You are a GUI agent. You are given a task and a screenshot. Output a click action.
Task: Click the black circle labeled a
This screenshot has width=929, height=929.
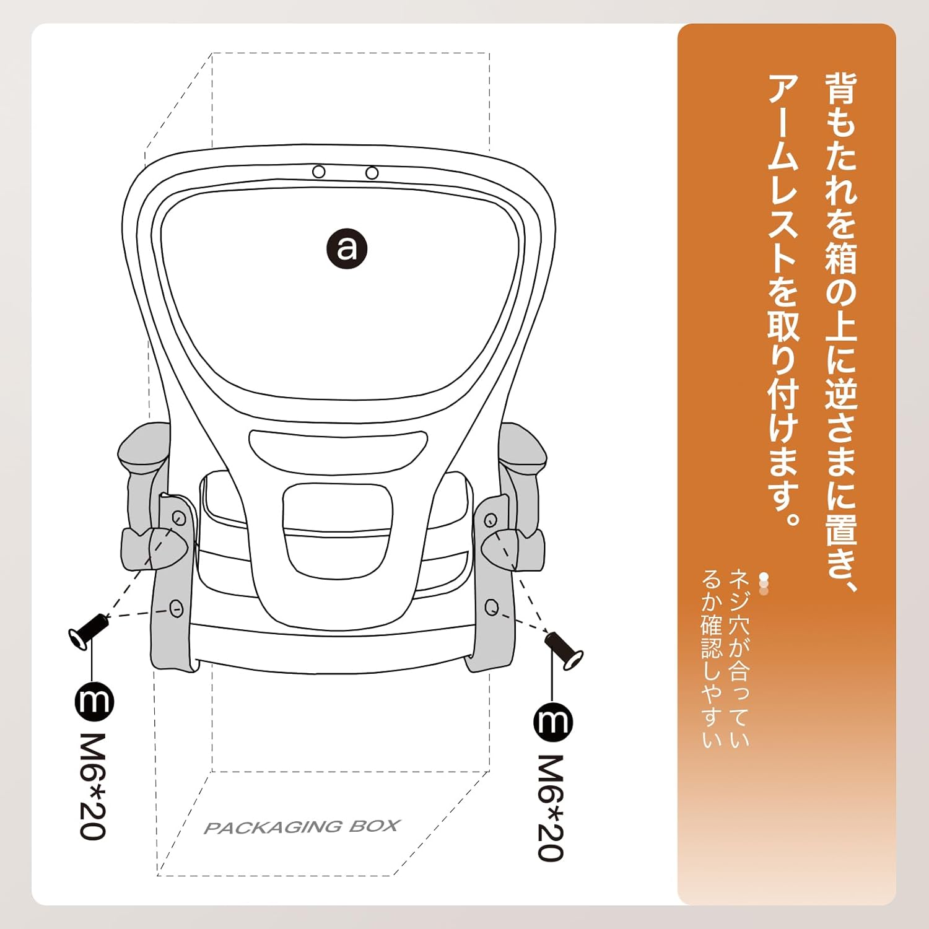tap(347, 248)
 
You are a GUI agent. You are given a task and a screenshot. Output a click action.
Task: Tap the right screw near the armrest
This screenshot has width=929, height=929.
tap(563, 650)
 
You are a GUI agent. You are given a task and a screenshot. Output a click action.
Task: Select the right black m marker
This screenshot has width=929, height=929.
tap(552, 722)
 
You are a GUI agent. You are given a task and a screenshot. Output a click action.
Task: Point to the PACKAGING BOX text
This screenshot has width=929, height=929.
tap(302, 827)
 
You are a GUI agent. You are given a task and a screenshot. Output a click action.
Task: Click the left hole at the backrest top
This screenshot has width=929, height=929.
tap(319, 172)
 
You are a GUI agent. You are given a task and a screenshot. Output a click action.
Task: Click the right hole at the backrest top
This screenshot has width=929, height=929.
tap(372, 173)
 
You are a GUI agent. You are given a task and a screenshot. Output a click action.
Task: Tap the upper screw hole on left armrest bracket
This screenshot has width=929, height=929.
tap(179, 518)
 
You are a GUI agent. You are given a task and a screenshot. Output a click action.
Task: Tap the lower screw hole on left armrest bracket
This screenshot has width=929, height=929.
tap(177, 608)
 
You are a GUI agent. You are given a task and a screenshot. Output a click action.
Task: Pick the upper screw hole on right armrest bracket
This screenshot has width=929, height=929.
tap(491, 519)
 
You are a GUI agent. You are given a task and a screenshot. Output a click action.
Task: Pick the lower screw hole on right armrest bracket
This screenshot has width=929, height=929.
tap(492, 608)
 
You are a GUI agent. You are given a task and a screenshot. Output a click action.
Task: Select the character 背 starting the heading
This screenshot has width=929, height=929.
tap(840, 89)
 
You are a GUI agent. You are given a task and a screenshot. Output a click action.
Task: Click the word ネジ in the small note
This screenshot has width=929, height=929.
tap(739, 592)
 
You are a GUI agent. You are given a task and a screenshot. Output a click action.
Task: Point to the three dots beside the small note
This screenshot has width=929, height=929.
tap(764, 584)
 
